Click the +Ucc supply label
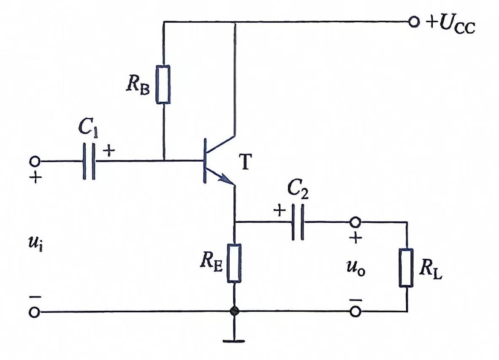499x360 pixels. (x=451, y=24)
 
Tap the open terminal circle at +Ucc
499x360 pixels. (x=414, y=22)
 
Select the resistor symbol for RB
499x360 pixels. (x=163, y=84)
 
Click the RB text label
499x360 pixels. (x=138, y=85)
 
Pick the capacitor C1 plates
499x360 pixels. (x=89, y=161)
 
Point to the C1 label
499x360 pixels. (x=88, y=128)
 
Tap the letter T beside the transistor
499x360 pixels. (x=245, y=162)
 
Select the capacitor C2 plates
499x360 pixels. (x=298, y=222)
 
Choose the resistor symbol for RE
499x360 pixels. (x=234, y=263)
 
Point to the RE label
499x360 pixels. (x=212, y=263)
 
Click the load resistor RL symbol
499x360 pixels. (x=407, y=268)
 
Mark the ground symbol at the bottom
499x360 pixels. (x=234, y=341)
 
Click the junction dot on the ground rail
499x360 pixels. (x=234, y=311)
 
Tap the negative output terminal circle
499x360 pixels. (x=355, y=311)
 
